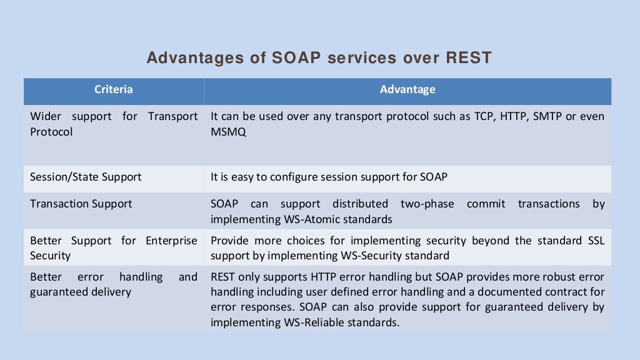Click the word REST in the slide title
[469, 58]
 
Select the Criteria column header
[113, 89]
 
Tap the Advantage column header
[407, 89]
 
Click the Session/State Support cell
[86, 177]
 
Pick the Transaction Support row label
[81, 204]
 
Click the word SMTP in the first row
[547, 117]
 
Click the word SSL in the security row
[594, 241]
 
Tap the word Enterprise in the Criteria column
[171, 241]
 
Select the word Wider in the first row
[46, 117]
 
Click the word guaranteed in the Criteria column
[58, 292]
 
